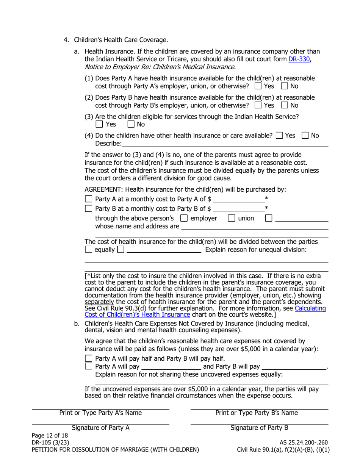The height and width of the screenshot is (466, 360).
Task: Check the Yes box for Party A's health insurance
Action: point(258,86)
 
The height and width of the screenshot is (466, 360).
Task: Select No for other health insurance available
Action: point(305,136)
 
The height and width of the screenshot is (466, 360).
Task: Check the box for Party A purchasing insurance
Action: point(89,199)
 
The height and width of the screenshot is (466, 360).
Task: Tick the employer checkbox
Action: point(184,218)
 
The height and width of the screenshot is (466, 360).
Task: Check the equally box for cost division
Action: point(89,250)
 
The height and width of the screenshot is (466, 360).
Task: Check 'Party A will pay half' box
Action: point(89,358)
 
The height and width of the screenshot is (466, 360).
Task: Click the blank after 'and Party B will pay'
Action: point(294,367)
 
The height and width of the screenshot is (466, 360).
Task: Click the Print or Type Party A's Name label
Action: point(100,413)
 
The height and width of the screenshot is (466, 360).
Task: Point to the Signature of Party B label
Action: point(259,428)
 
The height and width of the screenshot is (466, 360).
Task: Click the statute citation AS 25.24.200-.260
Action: point(304,442)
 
